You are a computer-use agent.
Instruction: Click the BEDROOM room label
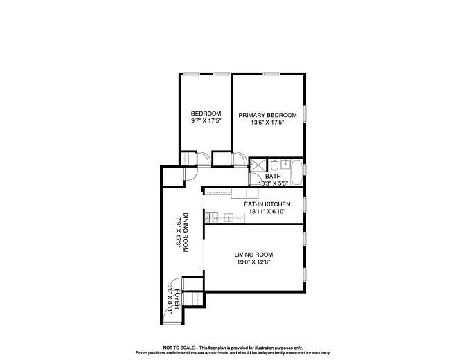pos(206,114)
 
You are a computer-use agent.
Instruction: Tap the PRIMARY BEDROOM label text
pos(267,115)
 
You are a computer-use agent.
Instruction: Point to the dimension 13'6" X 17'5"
pos(267,123)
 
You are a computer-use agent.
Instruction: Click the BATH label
pos(273,176)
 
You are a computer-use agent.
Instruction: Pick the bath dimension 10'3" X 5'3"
pos(274,183)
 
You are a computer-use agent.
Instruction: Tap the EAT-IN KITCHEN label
pos(267,204)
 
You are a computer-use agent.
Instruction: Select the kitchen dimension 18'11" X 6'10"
pos(267,212)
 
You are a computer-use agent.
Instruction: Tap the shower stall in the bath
pos(258,165)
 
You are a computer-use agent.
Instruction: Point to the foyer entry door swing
pos(170,315)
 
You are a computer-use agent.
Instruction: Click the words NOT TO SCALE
pos(178,348)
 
